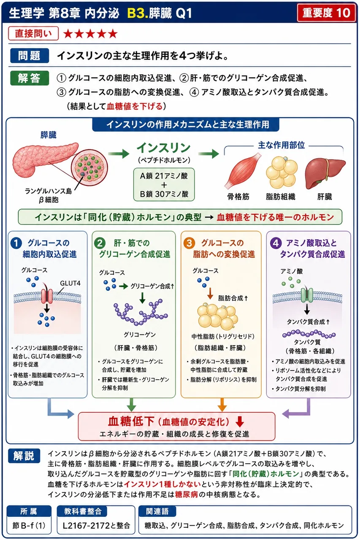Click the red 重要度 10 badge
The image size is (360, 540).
tap(326, 13)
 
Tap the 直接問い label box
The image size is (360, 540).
tap(33, 33)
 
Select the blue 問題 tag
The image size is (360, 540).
tap(30, 55)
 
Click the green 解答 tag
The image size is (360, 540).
tap(30, 78)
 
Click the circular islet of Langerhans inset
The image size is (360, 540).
tap(89, 168)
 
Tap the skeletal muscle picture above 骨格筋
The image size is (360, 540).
tap(242, 170)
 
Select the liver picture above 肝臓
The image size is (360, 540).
tap(325, 173)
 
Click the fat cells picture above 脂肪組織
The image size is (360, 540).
tap(282, 172)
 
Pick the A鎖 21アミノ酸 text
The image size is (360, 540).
tap(164, 176)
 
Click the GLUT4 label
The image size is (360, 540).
tap(70, 283)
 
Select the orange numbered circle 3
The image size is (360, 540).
tap(189, 243)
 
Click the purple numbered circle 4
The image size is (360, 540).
tap(276, 243)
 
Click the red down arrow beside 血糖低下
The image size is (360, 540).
tap(240, 421)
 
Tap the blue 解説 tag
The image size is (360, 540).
tap(24, 456)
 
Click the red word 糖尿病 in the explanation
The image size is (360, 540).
tap(187, 495)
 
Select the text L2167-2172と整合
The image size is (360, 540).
tap(96, 525)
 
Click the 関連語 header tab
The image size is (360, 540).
tap(157, 511)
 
